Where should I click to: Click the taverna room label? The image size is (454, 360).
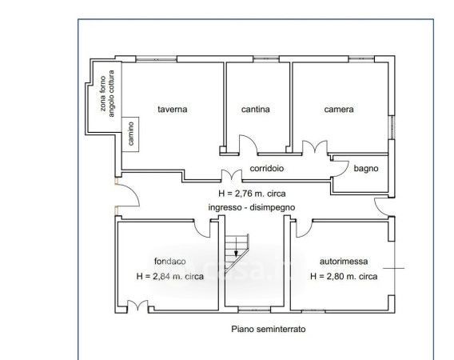(173, 110)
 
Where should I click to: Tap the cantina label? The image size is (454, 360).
(256, 110)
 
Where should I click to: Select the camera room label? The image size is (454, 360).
(339, 110)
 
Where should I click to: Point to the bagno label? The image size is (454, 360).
(366, 169)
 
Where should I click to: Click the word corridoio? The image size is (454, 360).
(267, 169)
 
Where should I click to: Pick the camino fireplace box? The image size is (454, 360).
(130, 134)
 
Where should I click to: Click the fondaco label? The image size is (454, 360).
(170, 261)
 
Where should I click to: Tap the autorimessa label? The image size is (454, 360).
(344, 261)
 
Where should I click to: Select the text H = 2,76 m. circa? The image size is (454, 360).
(252, 194)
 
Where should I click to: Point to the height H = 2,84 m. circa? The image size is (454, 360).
(170, 276)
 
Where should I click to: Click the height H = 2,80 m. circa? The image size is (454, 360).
(344, 276)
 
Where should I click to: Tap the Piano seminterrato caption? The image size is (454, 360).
(269, 330)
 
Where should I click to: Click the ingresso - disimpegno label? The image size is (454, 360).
(252, 207)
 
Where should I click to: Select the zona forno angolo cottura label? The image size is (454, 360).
(107, 94)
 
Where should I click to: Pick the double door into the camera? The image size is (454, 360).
(315, 146)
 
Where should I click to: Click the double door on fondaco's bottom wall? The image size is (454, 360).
(137, 306)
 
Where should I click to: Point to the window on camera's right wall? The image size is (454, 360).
(392, 127)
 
